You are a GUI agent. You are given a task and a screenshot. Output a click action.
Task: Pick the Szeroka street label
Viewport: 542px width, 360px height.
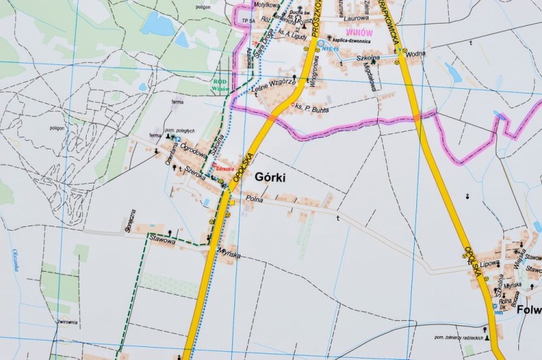196,173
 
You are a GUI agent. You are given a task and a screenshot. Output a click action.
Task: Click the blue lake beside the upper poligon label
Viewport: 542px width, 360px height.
158,24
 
